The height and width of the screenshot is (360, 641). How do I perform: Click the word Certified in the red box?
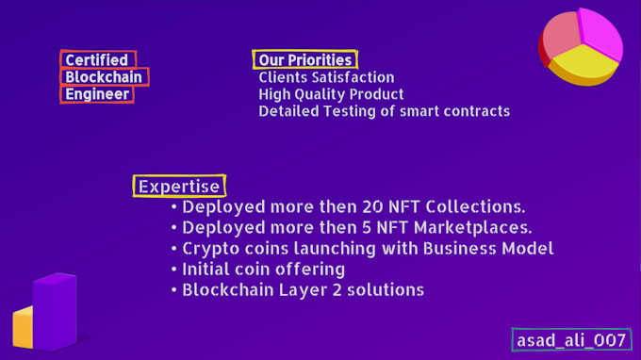pos(97,60)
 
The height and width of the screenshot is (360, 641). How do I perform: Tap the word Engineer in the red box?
pos(97,94)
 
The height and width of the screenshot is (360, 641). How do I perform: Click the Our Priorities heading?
pos(304,60)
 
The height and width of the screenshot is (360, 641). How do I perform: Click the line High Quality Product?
pos(331,94)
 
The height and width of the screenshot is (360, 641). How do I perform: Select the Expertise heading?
pos(179,187)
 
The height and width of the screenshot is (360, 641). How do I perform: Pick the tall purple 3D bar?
pos(56,310)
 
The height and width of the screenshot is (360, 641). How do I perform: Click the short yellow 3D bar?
pos(23,329)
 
